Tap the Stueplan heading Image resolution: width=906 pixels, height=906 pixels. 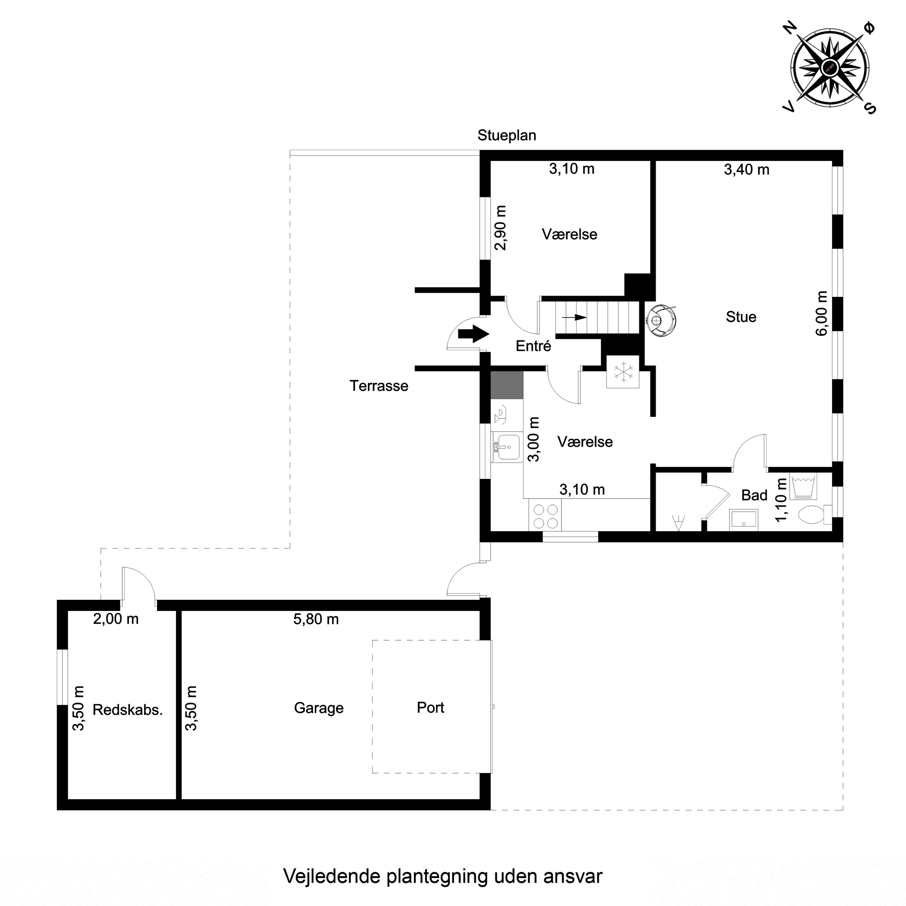(506, 136)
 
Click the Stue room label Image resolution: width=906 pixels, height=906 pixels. (741, 317)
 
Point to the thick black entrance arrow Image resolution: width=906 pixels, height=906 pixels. (474, 334)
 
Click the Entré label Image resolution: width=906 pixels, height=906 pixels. (533, 346)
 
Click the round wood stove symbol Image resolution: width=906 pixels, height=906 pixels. (661, 321)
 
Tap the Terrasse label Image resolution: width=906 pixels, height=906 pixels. (379, 386)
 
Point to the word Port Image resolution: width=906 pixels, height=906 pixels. (430, 707)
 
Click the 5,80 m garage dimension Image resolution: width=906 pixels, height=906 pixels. (316, 619)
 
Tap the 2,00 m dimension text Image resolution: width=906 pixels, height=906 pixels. (116, 619)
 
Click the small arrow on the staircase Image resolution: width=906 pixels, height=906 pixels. (574, 317)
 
